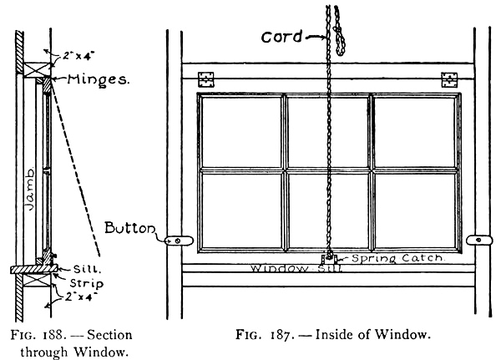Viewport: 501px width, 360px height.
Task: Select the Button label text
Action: pyautogui.click(x=128, y=227)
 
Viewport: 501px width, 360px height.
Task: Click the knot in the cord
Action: pyautogui.click(x=340, y=38)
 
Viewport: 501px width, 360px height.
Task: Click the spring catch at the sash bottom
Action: pyautogui.click(x=328, y=259)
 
